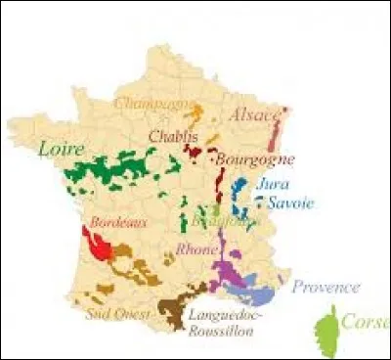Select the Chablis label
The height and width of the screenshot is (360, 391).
tap(173, 137)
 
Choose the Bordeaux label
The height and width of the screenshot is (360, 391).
tap(118, 223)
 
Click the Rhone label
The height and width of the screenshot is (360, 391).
tap(196, 250)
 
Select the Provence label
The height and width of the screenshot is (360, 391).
tap(326, 288)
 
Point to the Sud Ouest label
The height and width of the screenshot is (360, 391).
tap(117, 314)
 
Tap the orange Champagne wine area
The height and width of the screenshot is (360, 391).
tap(197, 112)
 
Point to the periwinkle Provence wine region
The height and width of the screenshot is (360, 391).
tap(258, 292)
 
